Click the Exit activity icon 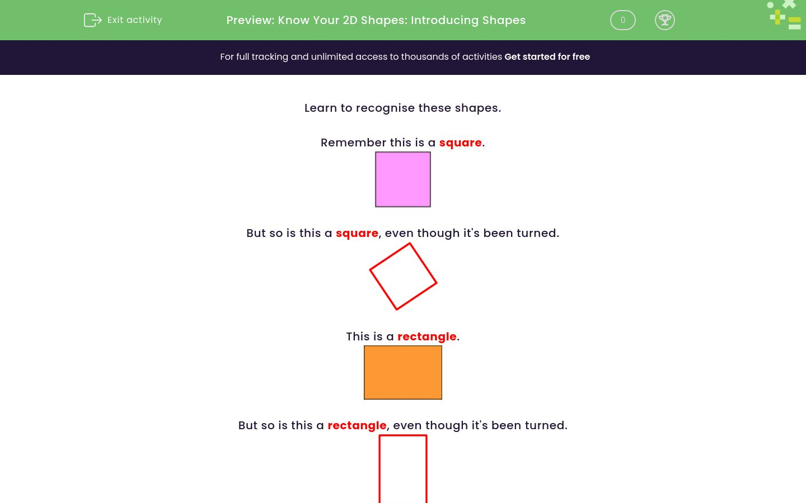(92, 20)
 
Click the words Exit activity (134, 20)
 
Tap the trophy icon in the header (664, 20)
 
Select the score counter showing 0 (622, 20)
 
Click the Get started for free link (547, 56)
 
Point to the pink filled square (403, 179)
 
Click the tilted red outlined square (403, 276)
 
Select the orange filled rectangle (403, 372)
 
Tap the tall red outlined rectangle (403, 469)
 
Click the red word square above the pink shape (460, 143)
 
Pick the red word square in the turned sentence (357, 233)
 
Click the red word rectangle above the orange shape (427, 336)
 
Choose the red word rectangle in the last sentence (357, 425)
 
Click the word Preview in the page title (250, 20)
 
